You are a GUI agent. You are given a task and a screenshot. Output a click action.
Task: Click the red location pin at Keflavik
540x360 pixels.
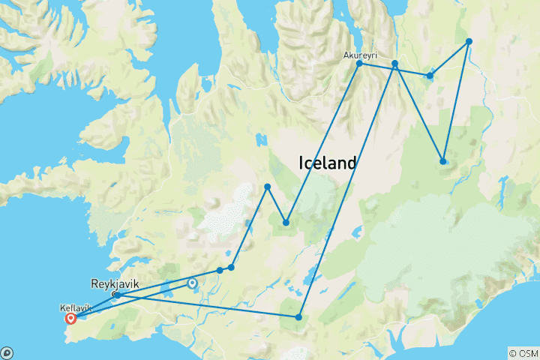pyautogui.click(x=70, y=317)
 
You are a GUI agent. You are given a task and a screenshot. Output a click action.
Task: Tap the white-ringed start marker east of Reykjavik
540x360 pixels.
pyautogui.click(x=192, y=283)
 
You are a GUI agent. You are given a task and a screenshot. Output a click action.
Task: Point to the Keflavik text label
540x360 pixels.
pyautogui.click(x=75, y=307)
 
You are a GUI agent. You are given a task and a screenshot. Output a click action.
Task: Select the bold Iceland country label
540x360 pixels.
pyautogui.click(x=328, y=163)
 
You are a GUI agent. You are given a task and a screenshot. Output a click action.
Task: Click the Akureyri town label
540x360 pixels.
pyautogui.click(x=359, y=55)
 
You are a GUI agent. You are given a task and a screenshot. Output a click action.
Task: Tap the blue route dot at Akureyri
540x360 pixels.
pyautogui.click(x=359, y=64)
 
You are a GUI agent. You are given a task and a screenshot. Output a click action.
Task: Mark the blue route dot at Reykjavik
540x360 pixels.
pyautogui.click(x=117, y=295)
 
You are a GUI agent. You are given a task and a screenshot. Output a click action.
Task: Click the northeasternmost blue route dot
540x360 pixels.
pyautogui.click(x=469, y=41)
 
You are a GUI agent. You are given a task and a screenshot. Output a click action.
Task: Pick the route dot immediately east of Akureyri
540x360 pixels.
pyautogui.click(x=394, y=64)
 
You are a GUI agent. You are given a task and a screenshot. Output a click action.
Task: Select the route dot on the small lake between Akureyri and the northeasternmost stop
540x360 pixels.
pyautogui.click(x=430, y=76)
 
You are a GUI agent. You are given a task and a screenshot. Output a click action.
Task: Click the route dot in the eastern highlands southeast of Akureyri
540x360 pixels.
pyautogui.click(x=443, y=161)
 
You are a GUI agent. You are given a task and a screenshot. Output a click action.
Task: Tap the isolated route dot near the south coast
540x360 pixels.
pyautogui.click(x=298, y=317)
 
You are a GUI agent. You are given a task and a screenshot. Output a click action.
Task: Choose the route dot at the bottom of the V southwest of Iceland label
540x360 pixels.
pyautogui.click(x=286, y=222)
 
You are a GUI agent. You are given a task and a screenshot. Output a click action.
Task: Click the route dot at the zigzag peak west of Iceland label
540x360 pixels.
pyautogui.click(x=267, y=186)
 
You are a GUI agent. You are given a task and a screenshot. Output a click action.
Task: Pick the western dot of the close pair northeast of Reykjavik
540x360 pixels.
pyautogui.click(x=220, y=270)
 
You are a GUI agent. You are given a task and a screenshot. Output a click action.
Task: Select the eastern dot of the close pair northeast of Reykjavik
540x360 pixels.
pyautogui.click(x=231, y=267)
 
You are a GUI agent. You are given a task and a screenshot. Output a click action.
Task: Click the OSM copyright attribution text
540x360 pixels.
pyautogui.click(x=523, y=353)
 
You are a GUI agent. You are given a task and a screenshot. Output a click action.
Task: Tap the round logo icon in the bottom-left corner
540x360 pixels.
pyautogui.click(x=7, y=352)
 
